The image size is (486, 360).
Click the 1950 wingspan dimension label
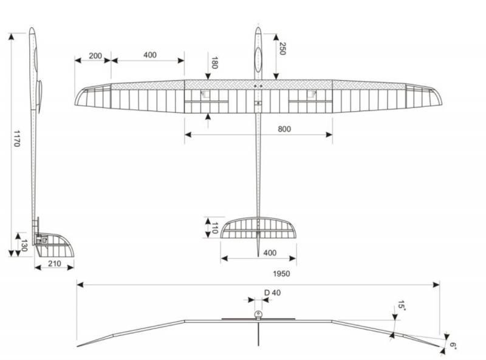pos(281,274)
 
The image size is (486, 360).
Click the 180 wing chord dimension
pos(214,63)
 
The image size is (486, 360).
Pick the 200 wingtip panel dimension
pos(95,55)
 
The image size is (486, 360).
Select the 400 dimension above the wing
pos(149,55)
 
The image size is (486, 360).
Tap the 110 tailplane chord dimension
pos(214,228)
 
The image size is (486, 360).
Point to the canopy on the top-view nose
pos(258,58)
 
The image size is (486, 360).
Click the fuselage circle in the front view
pos(258,314)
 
